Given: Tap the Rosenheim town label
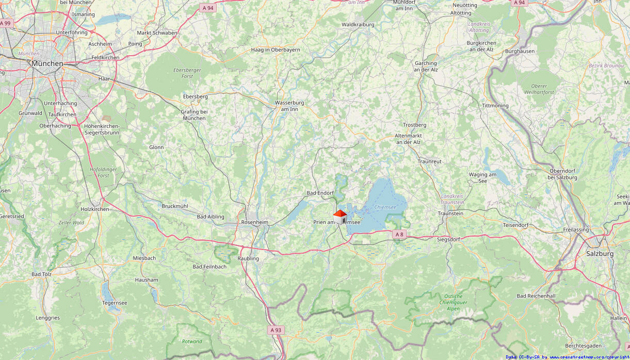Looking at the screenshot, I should tap(254, 222).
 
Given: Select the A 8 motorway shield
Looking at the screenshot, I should tap(398, 235).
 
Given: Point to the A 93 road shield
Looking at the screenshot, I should tap(276, 330).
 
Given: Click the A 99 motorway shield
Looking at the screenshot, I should tap(5, 23).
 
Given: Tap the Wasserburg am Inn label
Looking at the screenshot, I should tap(289, 106).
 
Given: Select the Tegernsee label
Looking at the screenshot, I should tap(115, 303).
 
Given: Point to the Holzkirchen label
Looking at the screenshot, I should tap(95, 209).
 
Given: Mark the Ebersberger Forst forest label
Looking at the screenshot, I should tap(187, 73).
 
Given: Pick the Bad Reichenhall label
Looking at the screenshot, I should tap(536, 296).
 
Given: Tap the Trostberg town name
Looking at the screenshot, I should tap(414, 125).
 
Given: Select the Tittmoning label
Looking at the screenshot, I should tap(495, 106).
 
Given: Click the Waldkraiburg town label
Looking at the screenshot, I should tap(358, 24).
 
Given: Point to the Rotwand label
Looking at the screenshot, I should tap(192, 341).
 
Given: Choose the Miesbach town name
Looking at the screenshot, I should tap(144, 258).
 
